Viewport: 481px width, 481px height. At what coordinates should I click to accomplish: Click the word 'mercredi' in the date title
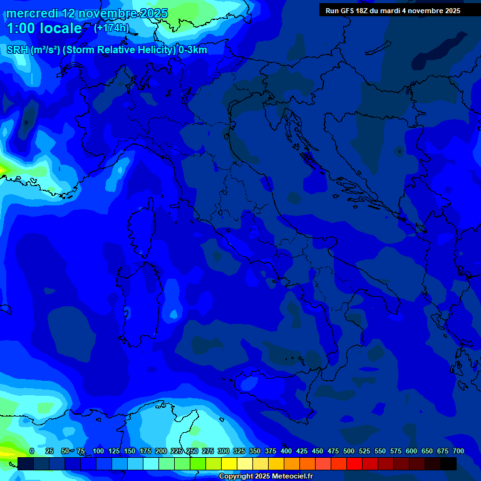[32, 13]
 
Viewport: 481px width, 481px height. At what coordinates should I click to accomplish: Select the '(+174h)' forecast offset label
[111, 28]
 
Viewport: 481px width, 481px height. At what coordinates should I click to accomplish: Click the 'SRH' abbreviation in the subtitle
[17, 50]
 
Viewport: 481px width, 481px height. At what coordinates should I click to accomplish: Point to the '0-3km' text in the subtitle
[192, 50]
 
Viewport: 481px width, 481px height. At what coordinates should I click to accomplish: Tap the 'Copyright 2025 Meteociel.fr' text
[266, 477]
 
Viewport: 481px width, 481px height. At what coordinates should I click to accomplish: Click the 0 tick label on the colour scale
[32, 451]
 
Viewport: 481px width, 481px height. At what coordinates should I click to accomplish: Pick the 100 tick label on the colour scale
[98, 451]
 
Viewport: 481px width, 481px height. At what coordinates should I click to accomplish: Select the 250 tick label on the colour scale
[192, 451]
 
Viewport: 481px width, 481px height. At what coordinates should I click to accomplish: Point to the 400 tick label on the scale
[286, 451]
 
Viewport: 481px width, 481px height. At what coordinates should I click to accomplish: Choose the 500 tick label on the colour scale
[349, 451]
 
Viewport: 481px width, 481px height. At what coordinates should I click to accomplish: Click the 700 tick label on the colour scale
[458, 451]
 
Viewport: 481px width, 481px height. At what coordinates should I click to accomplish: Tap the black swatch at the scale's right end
[448, 463]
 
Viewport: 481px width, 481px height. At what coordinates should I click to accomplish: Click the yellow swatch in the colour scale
[229, 463]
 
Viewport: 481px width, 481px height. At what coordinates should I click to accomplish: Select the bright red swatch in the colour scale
[354, 463]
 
